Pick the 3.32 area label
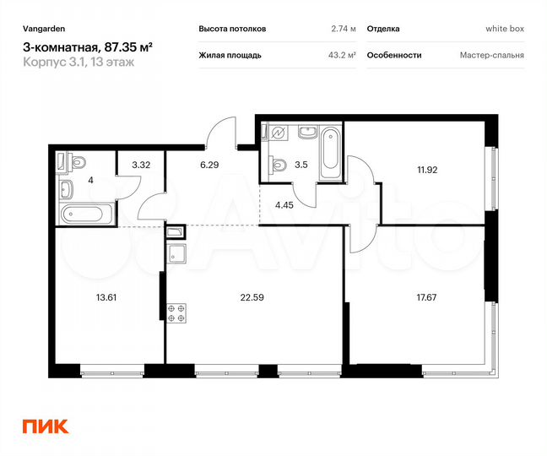coord(140,166)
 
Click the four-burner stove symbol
coord(177,314)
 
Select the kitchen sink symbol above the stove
coord(177,254)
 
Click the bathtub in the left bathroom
coord(84,214)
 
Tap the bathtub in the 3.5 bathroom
coord(329,152)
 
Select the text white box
coord(505,29)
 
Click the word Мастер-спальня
coord(491,56)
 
